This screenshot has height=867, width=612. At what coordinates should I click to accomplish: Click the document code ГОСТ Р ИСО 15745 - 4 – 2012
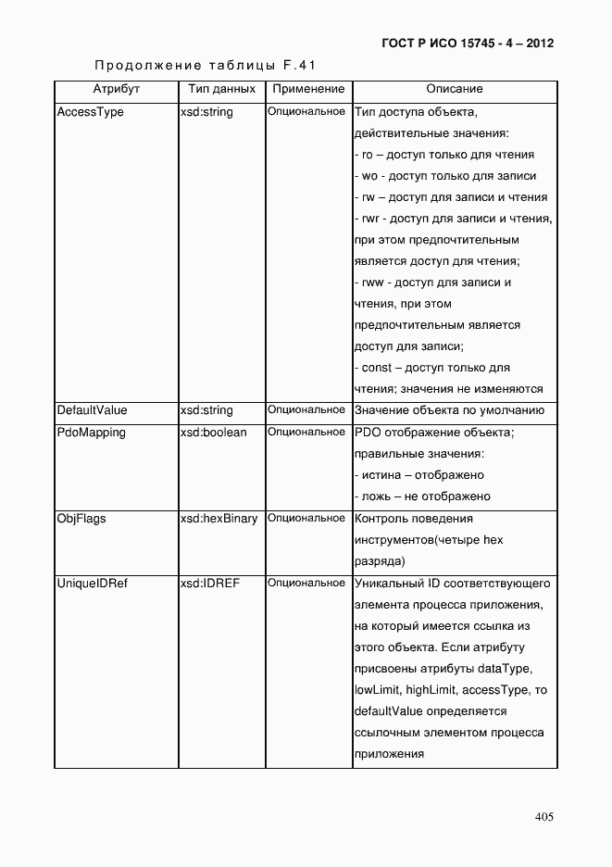pyautogui.click(x=467, y=44)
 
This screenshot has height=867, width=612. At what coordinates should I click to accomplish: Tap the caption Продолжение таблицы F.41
pyautogui.click(x=206, y=66)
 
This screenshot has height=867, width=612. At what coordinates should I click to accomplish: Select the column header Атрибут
pyautogui.click(x=116, y=89)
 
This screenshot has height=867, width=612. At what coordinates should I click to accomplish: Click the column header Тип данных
pyautogui.click(x=221, y=89)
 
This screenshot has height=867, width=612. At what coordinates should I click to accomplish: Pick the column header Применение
pyautogui.click(x=307, y=89)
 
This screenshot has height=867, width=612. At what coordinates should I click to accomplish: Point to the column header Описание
pyautogui.click(x=454, y=89)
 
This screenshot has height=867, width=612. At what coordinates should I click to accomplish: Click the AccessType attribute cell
pyautogui.click(x=90, y=112)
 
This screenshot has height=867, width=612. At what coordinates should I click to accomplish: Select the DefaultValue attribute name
pyautogui.click(x=92, y=409)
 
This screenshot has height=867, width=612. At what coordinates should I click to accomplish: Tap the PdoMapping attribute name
pyautogui.click(x=91, y=432)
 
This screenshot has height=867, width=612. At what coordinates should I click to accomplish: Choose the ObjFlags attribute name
pyautogui.click(x=81, y=518)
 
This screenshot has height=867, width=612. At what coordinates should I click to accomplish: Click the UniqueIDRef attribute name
pyautogui.click(x=92, y=583)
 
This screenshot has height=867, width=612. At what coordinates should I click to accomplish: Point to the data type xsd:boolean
pyautogui.click(x=213, y=432)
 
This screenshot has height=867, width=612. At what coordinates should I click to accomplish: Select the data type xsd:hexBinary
pyautogui.click(x=219, y=518)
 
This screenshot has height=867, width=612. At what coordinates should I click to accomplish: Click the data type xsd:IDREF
pyautogui.click(x=210, y=583)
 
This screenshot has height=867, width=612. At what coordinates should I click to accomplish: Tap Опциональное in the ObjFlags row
pyautogui.click(x=306, y=518)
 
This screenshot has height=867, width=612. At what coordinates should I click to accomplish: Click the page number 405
pyautogui.click(x=543, y=816)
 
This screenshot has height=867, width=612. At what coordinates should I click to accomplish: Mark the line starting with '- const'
pyautogui.click(x=432, y=368)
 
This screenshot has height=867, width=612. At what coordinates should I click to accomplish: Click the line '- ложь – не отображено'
pyautogui.click(x=422, y=496)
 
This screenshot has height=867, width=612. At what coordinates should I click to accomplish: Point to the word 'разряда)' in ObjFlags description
pyautogui.click(x=380, y=561)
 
